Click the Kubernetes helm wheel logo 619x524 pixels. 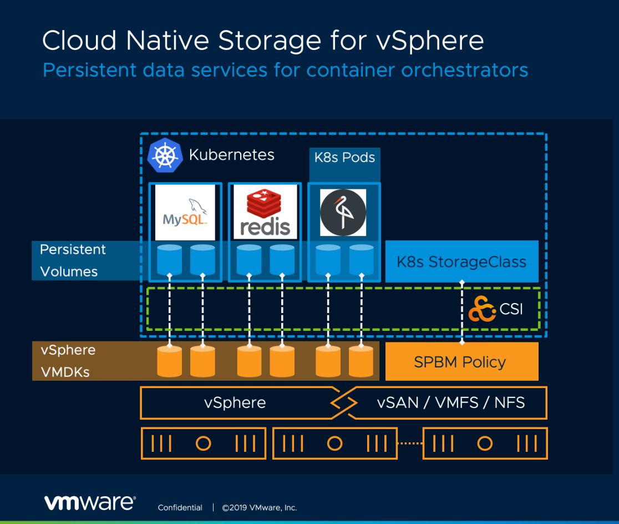point(165,155)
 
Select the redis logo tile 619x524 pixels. point(265,212)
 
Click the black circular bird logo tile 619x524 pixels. point(343,213)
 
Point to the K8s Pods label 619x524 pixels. point(344,158)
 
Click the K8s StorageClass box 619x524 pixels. point(461,261)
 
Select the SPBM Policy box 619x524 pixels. point(461,362)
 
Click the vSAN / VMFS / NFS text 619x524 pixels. point(450,402)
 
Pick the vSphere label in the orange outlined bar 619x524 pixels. point(235,403)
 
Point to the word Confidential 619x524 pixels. point(180,508)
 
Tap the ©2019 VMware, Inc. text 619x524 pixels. point(260,508)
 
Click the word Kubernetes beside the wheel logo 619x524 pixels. point(231,155)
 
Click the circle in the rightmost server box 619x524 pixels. point(485,444)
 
